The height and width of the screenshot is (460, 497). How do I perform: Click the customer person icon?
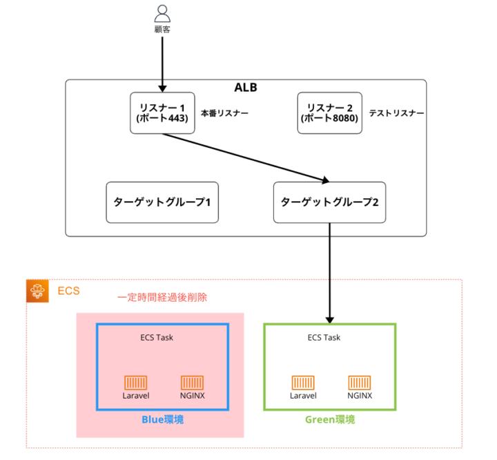point(162,13)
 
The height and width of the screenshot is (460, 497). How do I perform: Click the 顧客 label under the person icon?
point(162,30)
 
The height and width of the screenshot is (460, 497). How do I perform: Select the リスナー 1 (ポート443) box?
point(163,113)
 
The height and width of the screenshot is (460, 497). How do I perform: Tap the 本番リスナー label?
point(225,113)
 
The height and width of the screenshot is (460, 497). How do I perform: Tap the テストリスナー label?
point(396,113)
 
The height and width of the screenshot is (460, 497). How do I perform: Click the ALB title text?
point(246,88)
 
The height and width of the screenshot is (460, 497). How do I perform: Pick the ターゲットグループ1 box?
point(162,202)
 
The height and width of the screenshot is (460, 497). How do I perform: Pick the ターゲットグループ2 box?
point(329,202)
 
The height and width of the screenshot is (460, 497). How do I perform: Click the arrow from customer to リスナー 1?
point(162,62)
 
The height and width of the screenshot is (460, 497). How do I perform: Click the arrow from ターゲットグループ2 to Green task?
point(329,273)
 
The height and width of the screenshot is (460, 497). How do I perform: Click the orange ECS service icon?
point(38,291)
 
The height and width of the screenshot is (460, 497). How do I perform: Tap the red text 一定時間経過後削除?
point(162,298)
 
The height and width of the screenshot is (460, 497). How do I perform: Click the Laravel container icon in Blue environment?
point(136,382)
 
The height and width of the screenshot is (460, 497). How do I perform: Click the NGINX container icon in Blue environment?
point(192,382)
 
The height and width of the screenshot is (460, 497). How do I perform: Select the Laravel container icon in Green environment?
point(303,382)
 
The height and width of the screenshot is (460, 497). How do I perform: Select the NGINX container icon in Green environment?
point(360,382)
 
